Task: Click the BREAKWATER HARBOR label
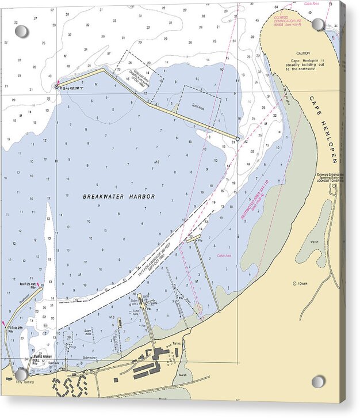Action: point(119,196)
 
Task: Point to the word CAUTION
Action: point(303,53)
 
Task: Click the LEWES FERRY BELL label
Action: point(42,359)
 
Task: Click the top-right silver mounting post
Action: point(317,25)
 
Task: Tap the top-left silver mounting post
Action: point(21,31)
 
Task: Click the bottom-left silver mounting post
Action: point(21,374)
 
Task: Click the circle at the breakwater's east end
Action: point(238,139)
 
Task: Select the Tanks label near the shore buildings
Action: point(177,343)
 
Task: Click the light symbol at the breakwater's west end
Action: point(56,86)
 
